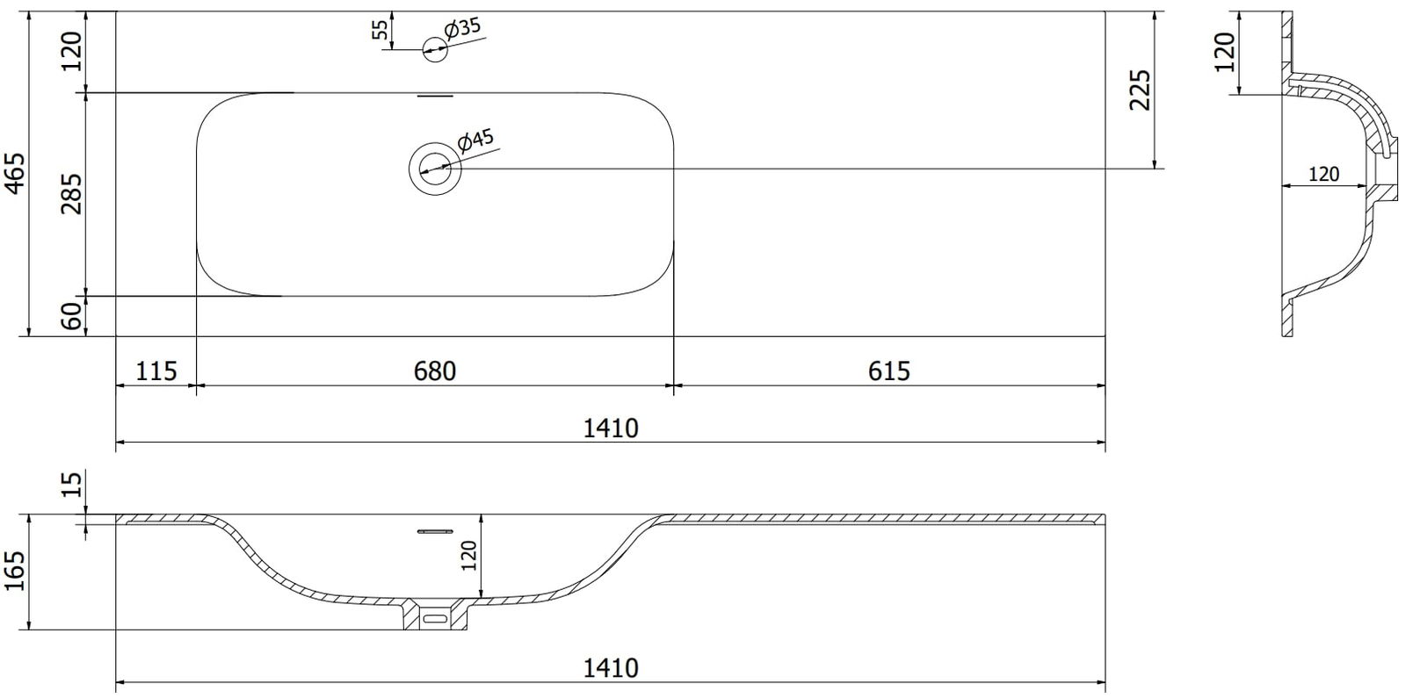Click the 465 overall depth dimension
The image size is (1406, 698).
(x=16, y=174)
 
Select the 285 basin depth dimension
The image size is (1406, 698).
(x=71, y=194)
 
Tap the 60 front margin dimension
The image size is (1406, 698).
(x=72, y=315)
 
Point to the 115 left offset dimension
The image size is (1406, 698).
(x=156, y=371)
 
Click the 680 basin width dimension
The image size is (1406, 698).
(x=434, y=371)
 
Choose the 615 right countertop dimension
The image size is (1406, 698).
(x=888, y=371)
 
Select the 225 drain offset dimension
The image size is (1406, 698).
(x=1141, y=90)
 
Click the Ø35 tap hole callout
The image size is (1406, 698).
(x=461, y=28)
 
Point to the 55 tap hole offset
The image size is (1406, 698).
(x=380, y=30)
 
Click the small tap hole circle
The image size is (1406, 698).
(x=434, y=49)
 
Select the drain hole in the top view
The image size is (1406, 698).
(x=435, y=168)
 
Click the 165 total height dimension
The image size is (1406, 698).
(x=14, y=571)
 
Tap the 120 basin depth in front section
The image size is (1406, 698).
(x=469, y=555)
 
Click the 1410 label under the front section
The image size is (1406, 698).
(x=611, y=668)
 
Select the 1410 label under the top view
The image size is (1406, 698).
(x=611, y=428)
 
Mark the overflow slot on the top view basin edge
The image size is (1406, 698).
(x=435, y=96)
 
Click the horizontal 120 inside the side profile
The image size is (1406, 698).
(x=1323, y=174)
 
